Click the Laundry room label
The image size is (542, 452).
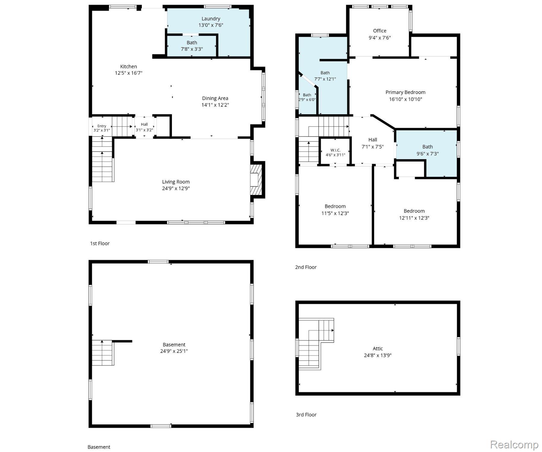[x=211, y=19]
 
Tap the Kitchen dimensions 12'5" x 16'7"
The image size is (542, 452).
[x=129, y=73]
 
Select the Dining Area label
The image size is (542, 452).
[x=215, y=98]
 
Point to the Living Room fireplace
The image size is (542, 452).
[x=256, y=180]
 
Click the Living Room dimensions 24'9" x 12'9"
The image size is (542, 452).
[x=176, y=189]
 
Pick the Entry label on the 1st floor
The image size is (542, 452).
[x=102, y=126]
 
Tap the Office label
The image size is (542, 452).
[x=380, y=31]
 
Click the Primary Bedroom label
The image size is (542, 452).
[x=406, y=92]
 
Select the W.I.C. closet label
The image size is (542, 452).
[x=335, y=150]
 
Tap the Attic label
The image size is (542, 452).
[x=378, y=349]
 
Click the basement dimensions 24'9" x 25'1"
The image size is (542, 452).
[x=174, y=351]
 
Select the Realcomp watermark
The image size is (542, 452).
[x=514, y=444]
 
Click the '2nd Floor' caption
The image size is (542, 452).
[x=306, y=267]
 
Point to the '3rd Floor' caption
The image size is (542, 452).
[x=306, y=415]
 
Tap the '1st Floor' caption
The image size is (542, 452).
[x=100, y=243]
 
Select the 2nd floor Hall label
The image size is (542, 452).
[x=373, y=140]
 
